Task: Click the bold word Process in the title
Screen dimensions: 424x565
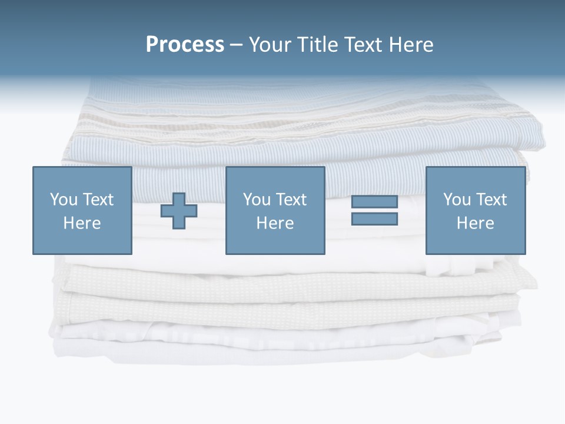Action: pos(185,45)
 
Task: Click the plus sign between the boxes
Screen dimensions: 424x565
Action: pos(179,211)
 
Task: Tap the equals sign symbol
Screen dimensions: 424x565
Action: pos(374,210)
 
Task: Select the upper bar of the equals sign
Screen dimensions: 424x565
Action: pos(374,202)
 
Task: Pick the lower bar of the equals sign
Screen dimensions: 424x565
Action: pos(374,218)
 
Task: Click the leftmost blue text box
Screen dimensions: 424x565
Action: pos(82,210)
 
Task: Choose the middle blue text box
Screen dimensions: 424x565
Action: pos(275,210)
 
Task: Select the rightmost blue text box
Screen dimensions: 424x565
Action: pos(475,210)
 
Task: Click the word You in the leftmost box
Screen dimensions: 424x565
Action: pos(62,200)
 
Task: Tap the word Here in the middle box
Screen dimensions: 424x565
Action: pos(275,223)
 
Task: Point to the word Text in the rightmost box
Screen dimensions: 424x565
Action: pos(490,200)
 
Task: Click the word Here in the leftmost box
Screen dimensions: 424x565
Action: pos(82,223)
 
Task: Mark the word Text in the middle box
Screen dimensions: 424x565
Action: pos(290,200)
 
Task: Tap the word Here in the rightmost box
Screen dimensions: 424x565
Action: pos(475,223)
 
